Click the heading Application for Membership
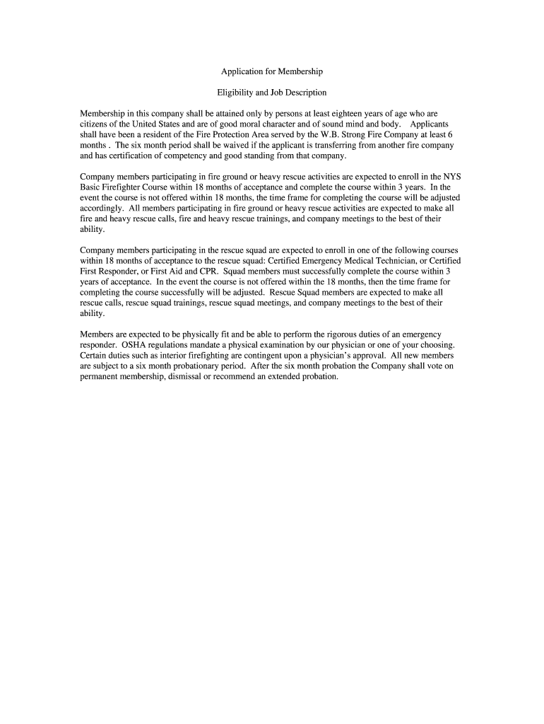[x=271, y=72]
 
